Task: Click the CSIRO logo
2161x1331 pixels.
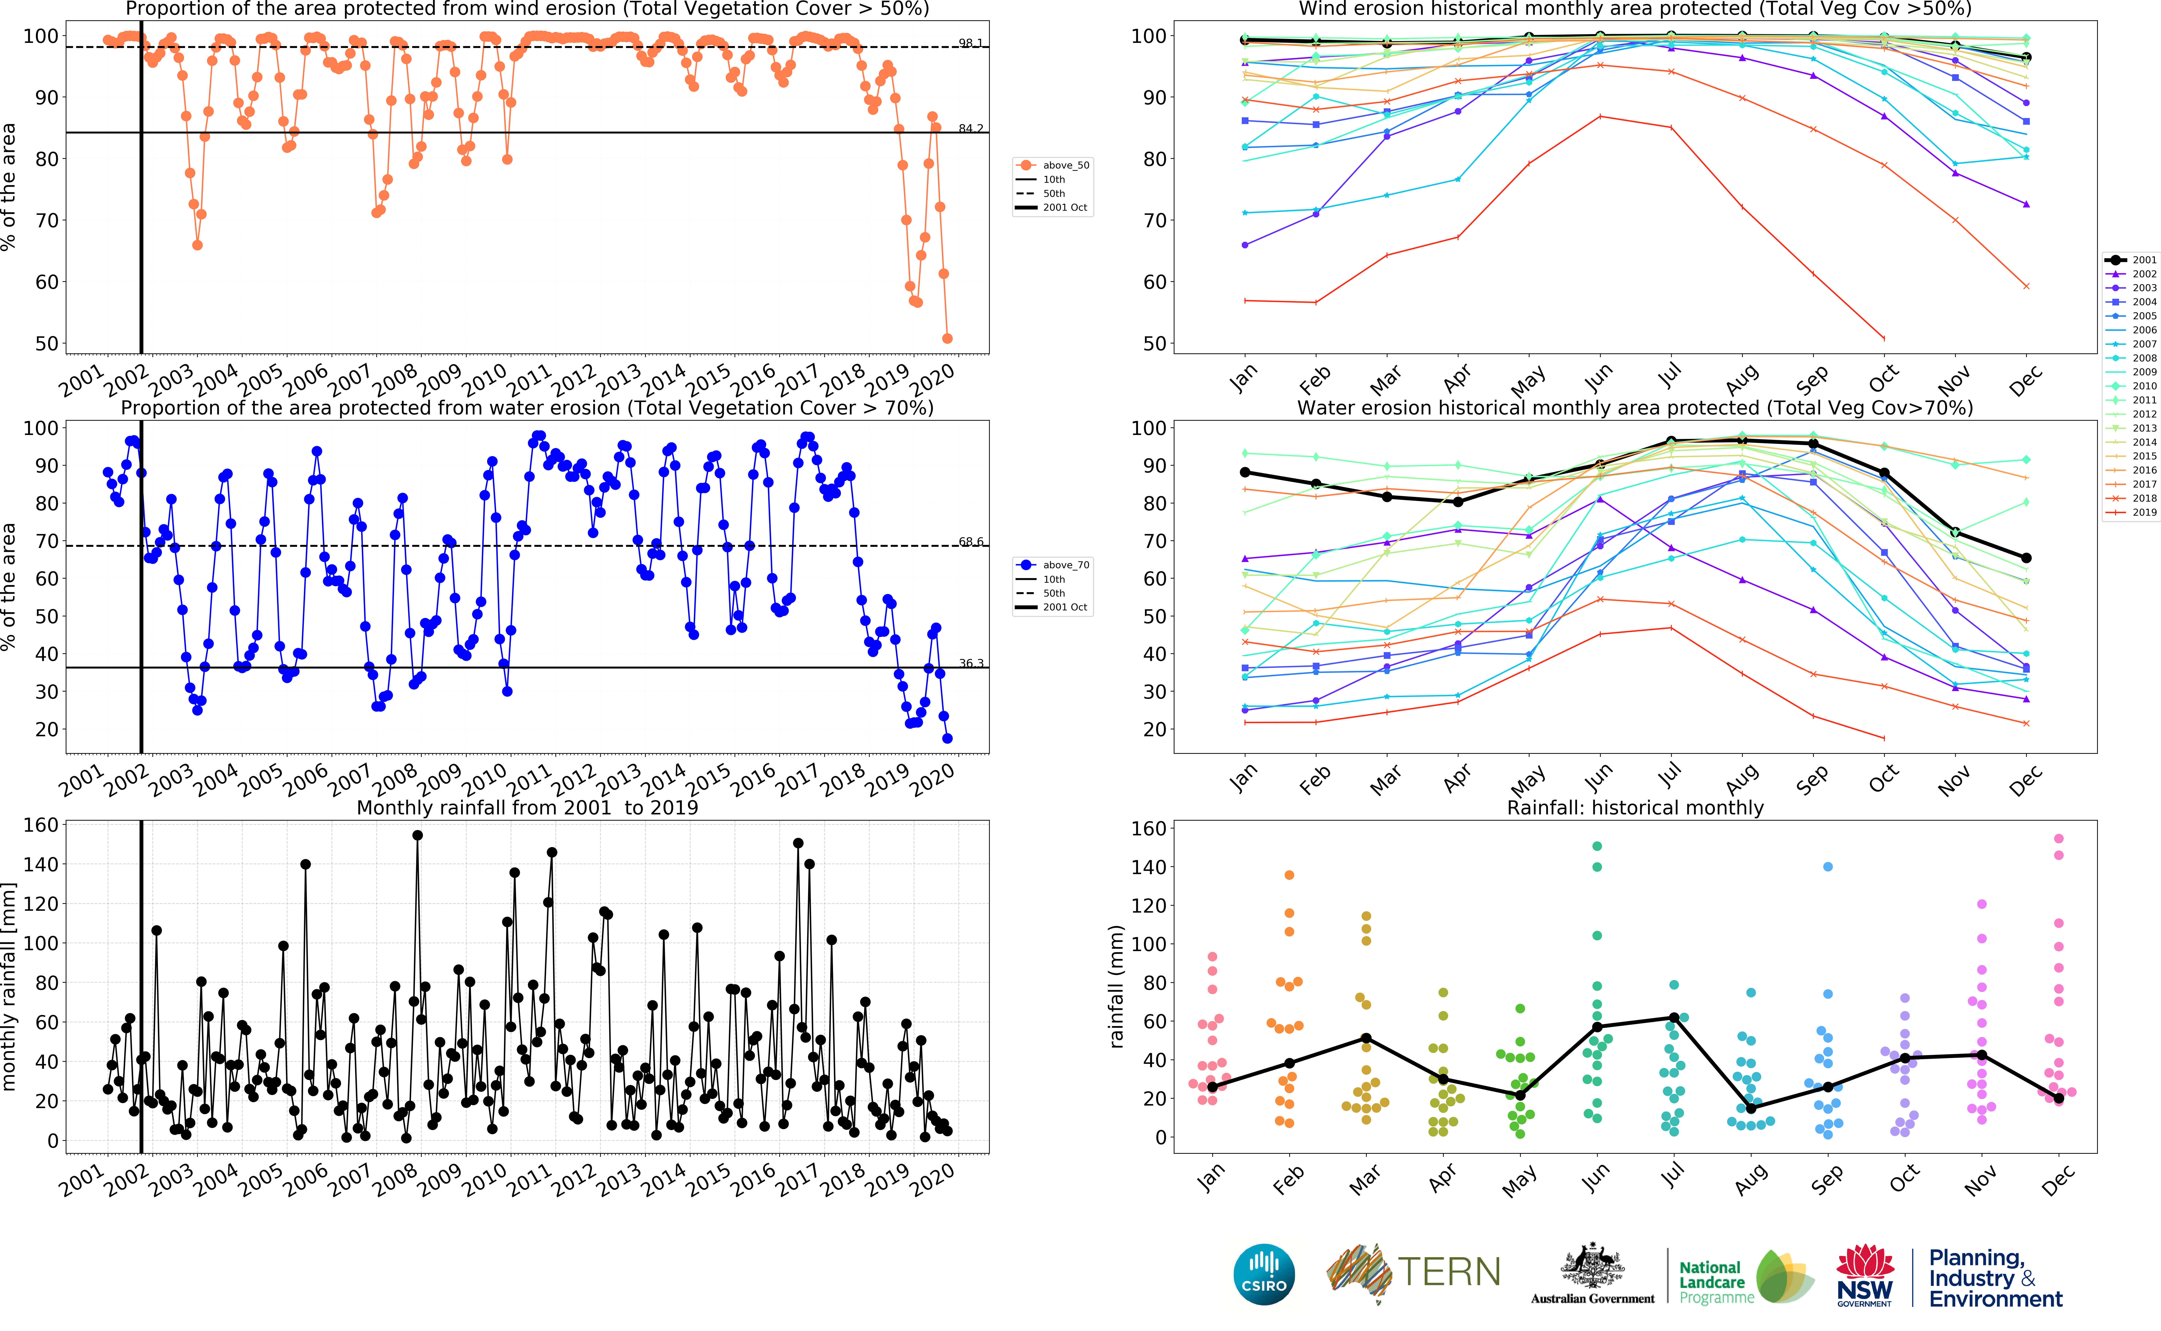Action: click(x=1264, y=1274)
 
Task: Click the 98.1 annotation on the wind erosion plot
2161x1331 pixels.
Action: click(x=971, y=43)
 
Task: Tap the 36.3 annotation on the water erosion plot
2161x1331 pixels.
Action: click(x=971, y=664)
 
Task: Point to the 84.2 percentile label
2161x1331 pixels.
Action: click(x=971, y=129)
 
